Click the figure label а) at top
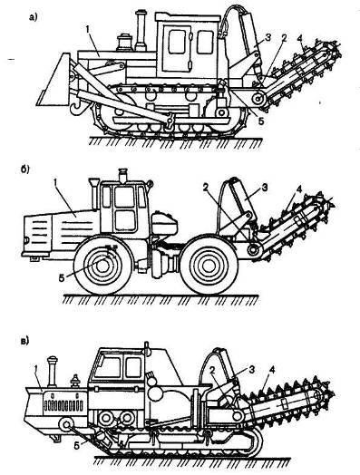[33, 18]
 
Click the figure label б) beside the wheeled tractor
[24, 170]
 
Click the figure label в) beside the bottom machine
[24, 341]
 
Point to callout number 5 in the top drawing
[261, 121]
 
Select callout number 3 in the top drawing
[268, 37]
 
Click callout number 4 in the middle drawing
[299, 190]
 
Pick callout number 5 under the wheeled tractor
[62, 278]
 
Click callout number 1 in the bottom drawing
[36, 369]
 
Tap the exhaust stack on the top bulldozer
[140, 30]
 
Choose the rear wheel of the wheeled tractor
[209, 266]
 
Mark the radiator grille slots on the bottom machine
[63, 405]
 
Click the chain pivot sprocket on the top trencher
[259, 99]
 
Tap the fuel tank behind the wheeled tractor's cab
[164, 223]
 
